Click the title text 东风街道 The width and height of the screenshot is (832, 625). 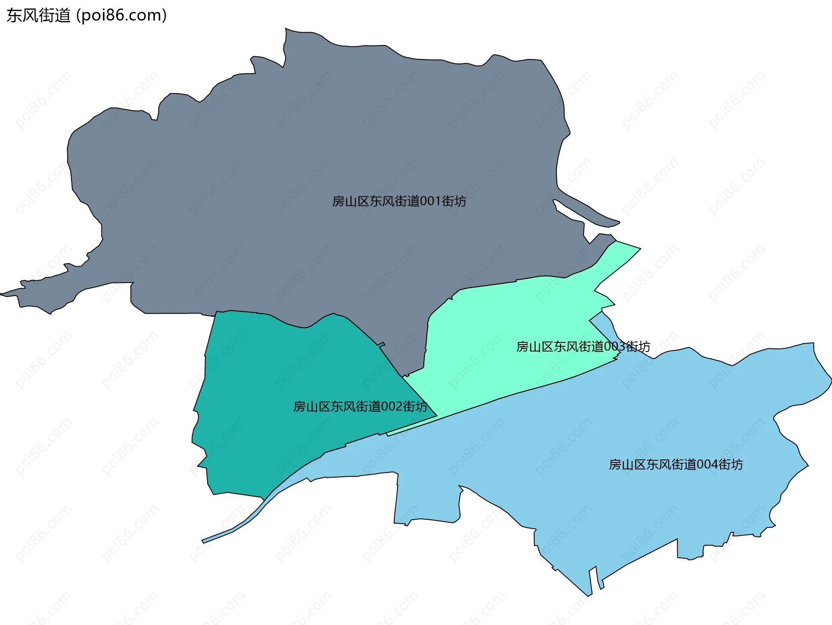(38, 16)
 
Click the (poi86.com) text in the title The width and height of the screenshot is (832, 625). (121, 16)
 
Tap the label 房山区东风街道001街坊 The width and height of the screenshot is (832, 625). (399, 201)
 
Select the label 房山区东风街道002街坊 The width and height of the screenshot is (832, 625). (360, 407)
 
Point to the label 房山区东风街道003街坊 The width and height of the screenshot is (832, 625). (583, 347)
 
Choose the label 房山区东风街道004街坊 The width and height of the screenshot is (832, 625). (676, 465)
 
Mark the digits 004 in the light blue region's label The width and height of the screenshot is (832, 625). (707, 465)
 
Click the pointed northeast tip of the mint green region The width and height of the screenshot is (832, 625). (637, 248)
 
